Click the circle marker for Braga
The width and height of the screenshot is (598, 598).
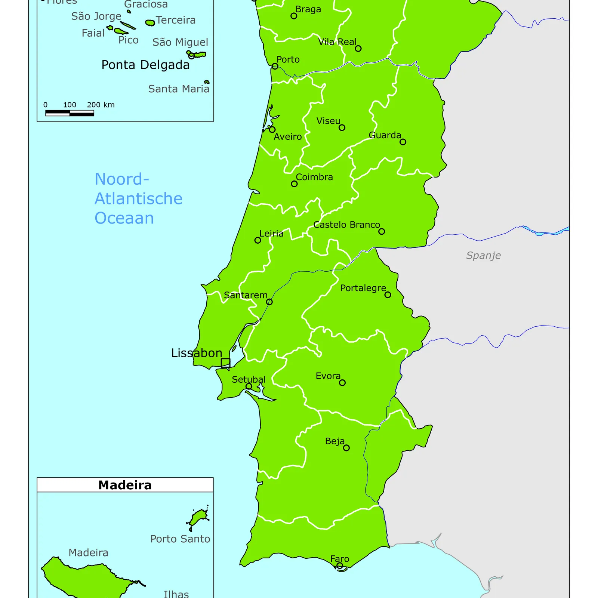pyautogui.click(x=294, y=16)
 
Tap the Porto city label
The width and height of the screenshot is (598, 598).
pyautogui.click(x=288, y=60)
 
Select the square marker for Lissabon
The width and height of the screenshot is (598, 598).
pyautogui.click(x=225, y=363)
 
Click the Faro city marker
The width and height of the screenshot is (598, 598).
pyautogui.click(x=339, y=565)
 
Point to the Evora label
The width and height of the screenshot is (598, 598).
pyautogui.click(x=328, y=376)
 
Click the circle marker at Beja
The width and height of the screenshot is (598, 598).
pyautogui.click(x=346, y=448)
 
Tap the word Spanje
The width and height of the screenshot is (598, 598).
pyautogui.click(x=483, y=256)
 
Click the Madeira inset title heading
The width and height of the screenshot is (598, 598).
pyautogui.click(x=125, y=485)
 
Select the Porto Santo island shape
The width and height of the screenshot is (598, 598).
pyautogui.click(x=198, y=518)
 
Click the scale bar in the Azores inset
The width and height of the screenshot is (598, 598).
pyautogui.click(x=70, y=113)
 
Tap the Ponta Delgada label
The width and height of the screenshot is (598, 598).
pyautogui.click(x=145, y=65)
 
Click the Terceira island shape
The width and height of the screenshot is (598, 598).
pyautogui.click(x=150, y=23)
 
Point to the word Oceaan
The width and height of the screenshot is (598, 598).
pyautogui.click(x=124, y=218)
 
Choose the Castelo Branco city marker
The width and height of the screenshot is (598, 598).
pyautogui.click(x=382, y=231)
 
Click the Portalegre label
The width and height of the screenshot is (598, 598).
pyautogui.click(x=363, y=288)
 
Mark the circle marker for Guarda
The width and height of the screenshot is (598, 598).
pyautogui.click(x=403, y=142)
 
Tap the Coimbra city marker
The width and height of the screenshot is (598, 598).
pyautogui.click(x=294, y=184)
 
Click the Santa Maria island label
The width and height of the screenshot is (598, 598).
pyautogui.click(x=179, y=89)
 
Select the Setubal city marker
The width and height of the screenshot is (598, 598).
pyautogui.click(x=249, y=386)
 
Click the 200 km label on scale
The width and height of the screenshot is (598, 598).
pyautogui.click(x=101, y=105)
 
